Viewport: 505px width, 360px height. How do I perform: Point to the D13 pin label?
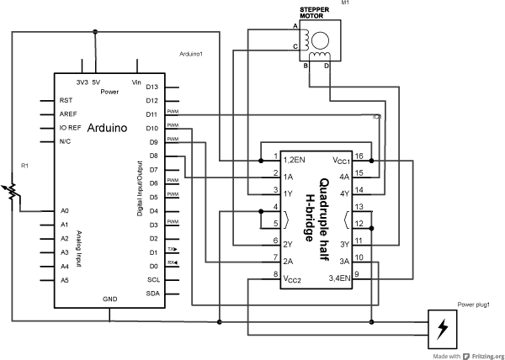(152, 87)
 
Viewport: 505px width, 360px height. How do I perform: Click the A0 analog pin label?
(64, 211)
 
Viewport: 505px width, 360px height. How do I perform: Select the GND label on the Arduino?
(110, 299)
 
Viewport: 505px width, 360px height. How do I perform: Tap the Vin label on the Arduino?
(136, 82)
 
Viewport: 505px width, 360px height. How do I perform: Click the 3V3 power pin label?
(82, 82)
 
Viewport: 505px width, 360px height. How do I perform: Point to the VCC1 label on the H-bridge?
(339, 159)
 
